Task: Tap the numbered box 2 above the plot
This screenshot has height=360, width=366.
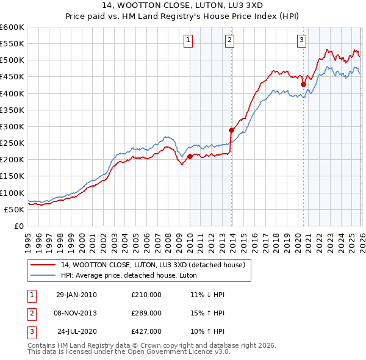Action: click(x=229, y=41)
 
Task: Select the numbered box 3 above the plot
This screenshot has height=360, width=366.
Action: click(x=301, y=41)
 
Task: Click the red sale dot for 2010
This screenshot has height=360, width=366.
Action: click(x=190, y=156)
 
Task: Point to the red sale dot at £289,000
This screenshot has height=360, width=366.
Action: click(x=231, y=130)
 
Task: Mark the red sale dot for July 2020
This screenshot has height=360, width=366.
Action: click(x=303, y=84)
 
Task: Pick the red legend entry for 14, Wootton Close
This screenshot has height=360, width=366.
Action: click(x=152, y=265)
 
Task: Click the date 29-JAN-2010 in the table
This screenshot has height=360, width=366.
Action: click(x=76, y=295)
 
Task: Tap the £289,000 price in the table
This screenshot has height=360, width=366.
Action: click(x=146, y=313)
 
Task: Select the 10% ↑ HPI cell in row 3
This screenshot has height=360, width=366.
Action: click(x=207, y=332)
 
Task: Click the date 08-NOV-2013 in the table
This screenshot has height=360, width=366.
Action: click(x=76, y=313)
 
